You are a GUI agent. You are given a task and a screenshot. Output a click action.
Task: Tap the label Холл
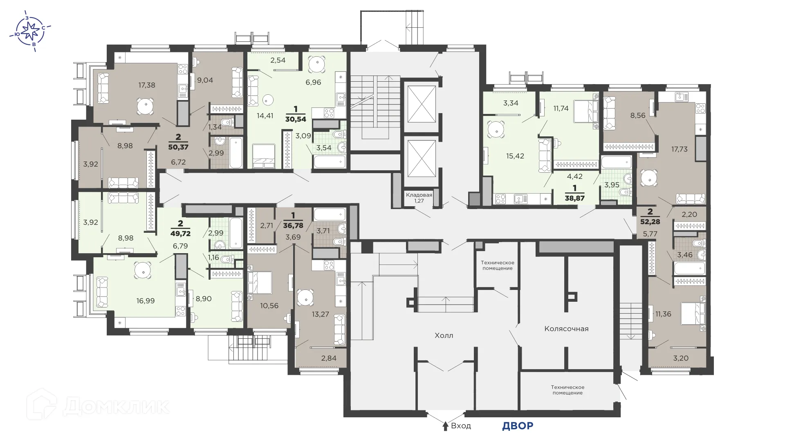point(444,336)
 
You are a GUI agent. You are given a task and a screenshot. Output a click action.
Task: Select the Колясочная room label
point(566,329)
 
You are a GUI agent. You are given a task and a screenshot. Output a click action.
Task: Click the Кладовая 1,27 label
point(419,198)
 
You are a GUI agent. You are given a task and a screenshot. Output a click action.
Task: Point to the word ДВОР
point(518,426)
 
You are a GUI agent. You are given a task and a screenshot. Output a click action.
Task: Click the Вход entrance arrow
point(446,426)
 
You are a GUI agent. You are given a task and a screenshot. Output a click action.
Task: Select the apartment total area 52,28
point(650,222)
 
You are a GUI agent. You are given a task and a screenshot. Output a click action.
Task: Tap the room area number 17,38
point(146,85)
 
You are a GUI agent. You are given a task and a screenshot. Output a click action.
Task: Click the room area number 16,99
point(146,301)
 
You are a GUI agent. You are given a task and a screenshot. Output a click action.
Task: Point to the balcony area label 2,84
point(329,359)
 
